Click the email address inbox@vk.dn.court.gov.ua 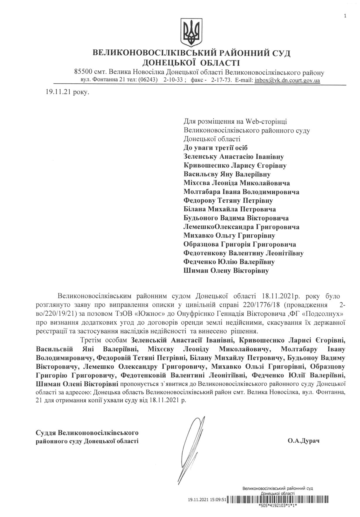(287, 80)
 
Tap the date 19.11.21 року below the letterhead (66, 92)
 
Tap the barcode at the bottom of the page (278, 499)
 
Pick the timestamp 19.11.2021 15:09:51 (207, 500)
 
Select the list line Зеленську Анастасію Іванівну (233, 157)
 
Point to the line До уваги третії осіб (215, 148)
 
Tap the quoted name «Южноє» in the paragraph (146, 314)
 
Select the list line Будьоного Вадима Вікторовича (236, 218)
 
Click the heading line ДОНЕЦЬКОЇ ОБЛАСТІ (191, 63)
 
